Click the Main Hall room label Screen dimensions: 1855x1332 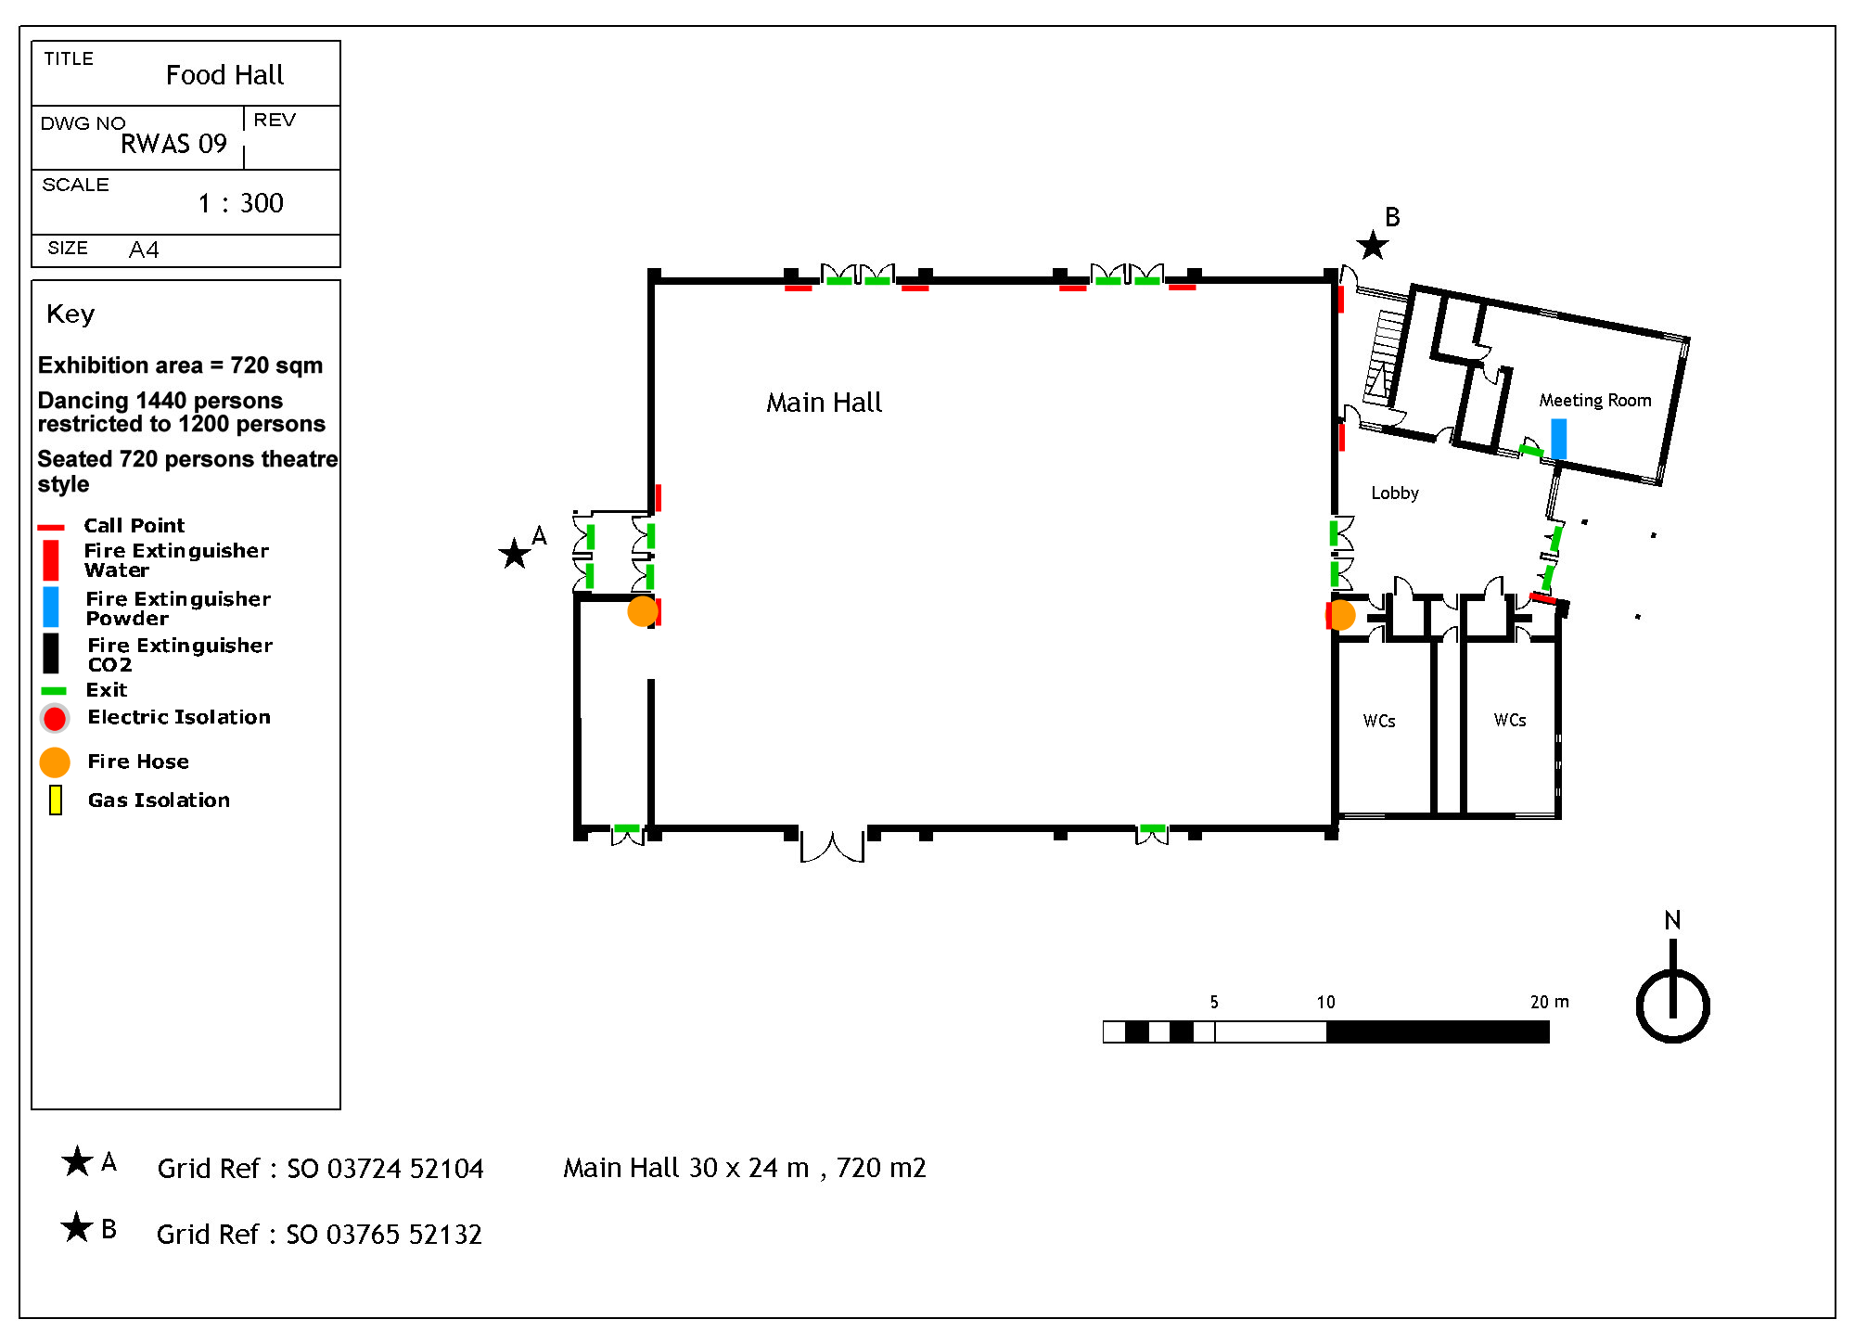coord(824,403)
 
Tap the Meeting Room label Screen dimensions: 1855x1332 coord(1595,400)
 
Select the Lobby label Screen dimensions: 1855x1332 coord(1395,493)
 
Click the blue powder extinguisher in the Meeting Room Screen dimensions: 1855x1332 coord(1559,439)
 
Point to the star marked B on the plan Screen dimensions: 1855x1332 coord(1372,246)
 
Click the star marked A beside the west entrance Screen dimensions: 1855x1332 coord(514,554)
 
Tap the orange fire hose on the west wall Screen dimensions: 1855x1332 coord(642,611)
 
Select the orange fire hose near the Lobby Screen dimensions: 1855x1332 coord(1341,614)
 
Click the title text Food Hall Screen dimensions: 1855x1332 coord(224,75)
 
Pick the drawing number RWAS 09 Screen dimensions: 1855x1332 coord(173,144)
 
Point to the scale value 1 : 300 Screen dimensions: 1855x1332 coord(240,203)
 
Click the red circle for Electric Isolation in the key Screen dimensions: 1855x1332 coord(55,718)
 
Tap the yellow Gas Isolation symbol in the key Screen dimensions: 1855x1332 coord(56,800)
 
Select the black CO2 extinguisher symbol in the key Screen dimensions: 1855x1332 coord(51,653)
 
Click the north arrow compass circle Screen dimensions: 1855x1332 coord(1672,1006)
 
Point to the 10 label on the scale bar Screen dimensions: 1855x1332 coord(1326,1002)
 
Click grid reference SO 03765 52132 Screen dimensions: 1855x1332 coord(384,1235)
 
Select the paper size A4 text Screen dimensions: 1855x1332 coord(144,250)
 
